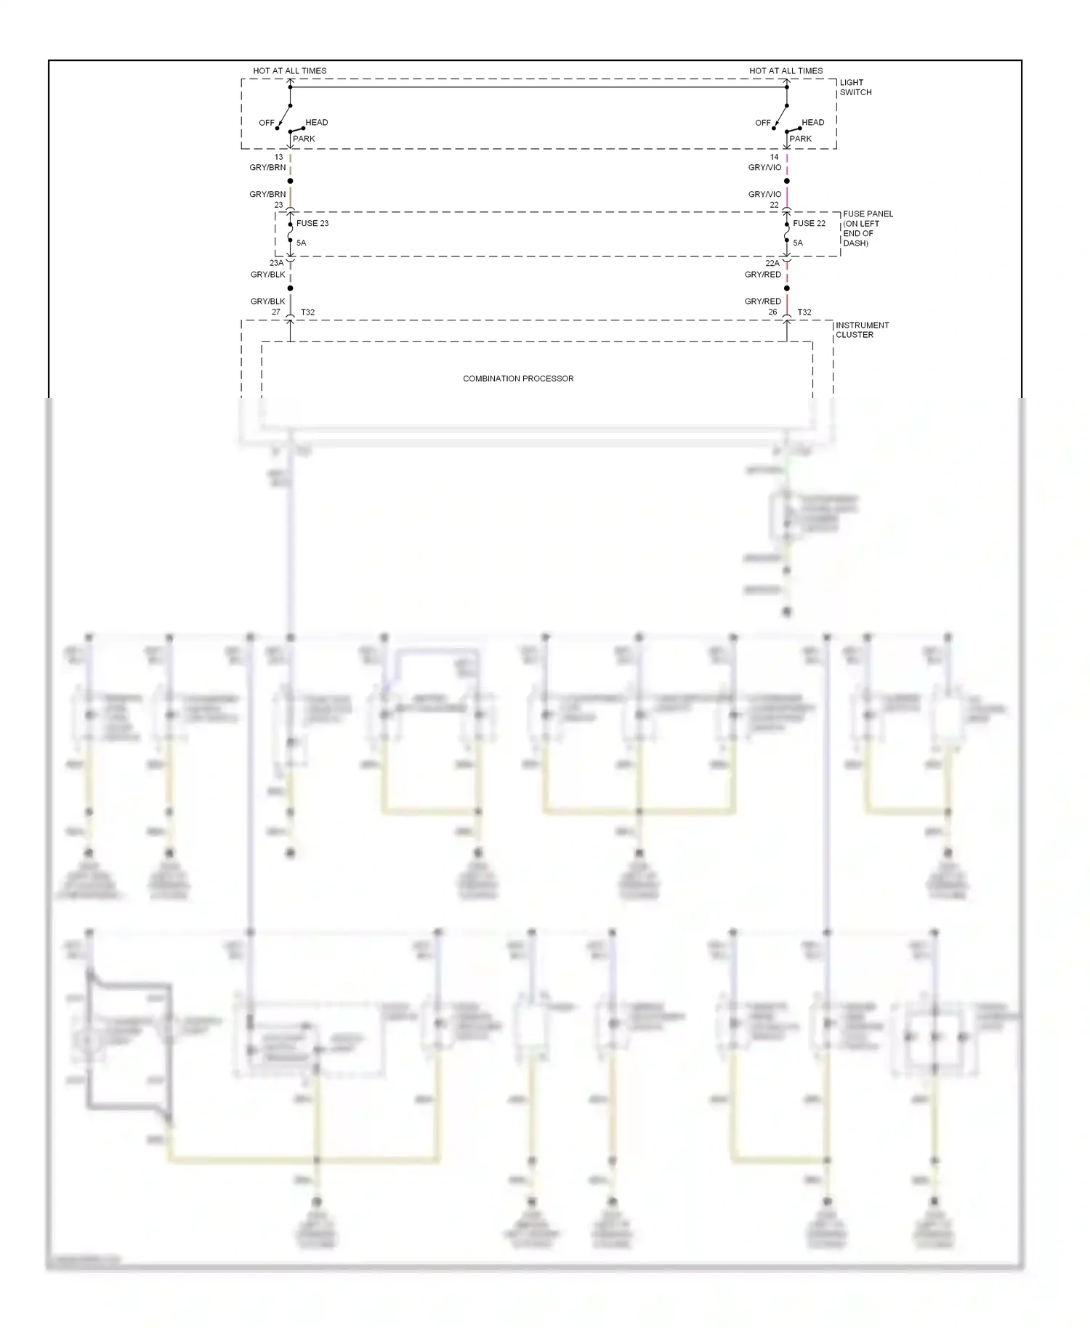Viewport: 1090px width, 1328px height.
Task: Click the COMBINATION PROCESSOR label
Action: coord(518,378)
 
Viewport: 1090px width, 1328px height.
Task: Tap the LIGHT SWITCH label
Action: coord(855,87)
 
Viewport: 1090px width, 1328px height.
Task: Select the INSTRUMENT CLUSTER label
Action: coord(862,330)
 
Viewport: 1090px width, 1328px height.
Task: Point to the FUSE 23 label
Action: coord(312,223)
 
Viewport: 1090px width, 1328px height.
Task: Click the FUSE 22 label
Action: coord(809,223)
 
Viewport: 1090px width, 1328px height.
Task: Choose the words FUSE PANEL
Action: coord(868,214)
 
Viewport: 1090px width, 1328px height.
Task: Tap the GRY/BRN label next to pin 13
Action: coord(267,168)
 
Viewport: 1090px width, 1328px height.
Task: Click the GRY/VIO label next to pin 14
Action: coord(764,168)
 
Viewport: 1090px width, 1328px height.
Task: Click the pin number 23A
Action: coord(276,263)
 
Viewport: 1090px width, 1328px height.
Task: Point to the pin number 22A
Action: coord(772,263)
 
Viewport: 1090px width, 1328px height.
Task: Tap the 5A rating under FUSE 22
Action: coord(798,243)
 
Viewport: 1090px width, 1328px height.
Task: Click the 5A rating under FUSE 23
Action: coord(301,243)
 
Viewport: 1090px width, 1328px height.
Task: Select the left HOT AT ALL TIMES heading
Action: coord(289,71)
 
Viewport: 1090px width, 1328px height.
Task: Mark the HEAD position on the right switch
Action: coord(812,122)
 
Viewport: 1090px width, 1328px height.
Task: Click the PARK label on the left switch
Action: coord(304,139)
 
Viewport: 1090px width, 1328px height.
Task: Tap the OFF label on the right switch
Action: coord(762,123)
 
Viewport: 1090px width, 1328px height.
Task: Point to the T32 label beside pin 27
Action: coord(307,312)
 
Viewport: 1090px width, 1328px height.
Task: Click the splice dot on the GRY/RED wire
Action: coord(786,288)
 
